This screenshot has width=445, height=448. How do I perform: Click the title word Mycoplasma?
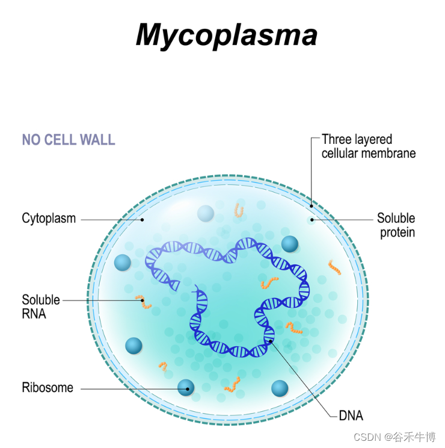pyautogui.click(x=226, y=34)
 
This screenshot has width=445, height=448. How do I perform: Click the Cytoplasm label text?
pyautogui.click(x=49, y=218)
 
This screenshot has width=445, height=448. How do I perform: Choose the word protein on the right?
pyautogui.click(x=397, y=232)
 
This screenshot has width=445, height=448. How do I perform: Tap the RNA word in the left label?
pyautogui.click(x=34, y=313)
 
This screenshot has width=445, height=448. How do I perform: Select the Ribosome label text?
pyautogui.click(x=48, y=388)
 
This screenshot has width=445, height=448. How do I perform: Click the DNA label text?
pyautogui.click(x=351, y=415)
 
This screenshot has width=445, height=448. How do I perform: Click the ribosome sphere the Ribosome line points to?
pyautogui.click(x=186, y=388)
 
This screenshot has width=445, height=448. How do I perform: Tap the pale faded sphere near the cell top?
pyautogui.click(x=206, y=213)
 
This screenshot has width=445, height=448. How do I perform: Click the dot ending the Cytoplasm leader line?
pyautogui.click(x=143, y=220)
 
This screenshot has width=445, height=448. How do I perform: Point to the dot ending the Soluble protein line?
pyautogui.click(x=311, y=220)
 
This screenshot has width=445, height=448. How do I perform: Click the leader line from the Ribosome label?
pyautogui.click(x=132, y=388)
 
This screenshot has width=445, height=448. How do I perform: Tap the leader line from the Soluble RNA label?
pyautogui.click(x=102, y=300)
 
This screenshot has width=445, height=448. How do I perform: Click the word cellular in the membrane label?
pyautogui.click(x=340, y=153)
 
